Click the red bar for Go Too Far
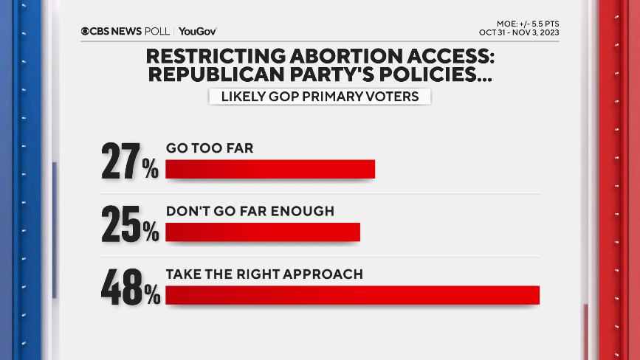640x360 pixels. click(x=270, y=169)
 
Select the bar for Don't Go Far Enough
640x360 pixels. click(x=262, y=232)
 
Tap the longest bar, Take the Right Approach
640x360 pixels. click(x=352, y=294)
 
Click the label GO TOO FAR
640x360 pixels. click(x=210, y=148)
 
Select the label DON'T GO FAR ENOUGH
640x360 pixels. click(x=250, y=211)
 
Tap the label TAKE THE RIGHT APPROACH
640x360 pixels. click(x=264, y=274)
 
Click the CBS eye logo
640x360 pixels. click(x=86, y=31)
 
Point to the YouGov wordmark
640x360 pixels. click(x=197, y=31)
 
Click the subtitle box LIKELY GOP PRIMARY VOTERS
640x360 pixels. click(x=319, y=96)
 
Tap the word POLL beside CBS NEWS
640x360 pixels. click(x=156, y=31)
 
